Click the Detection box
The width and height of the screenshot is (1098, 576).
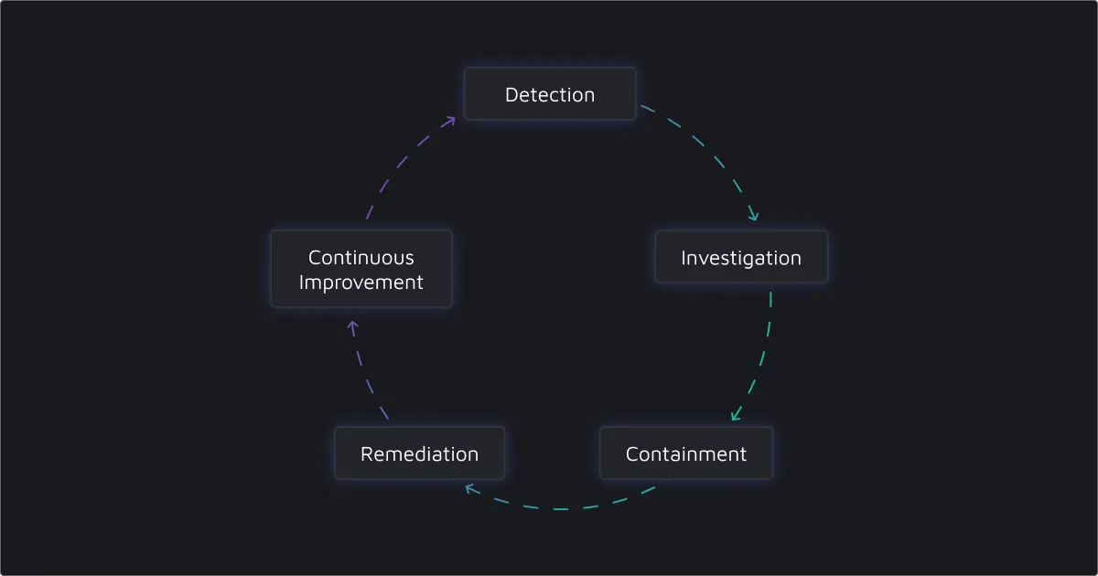[x=549, y=94]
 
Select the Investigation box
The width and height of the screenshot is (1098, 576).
[x=741, y=258]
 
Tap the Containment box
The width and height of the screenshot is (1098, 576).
[x=686, y=453]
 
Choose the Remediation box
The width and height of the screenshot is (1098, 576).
[x=419, y=453]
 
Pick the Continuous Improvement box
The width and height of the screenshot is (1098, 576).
[x=361, y=270]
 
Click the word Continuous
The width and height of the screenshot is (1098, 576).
[x=361, y=258]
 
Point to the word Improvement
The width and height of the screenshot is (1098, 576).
[x=361, y=283]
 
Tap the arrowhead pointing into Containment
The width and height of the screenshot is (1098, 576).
[x=735, y=418]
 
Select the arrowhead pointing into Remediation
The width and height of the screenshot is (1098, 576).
[x=468, y=487]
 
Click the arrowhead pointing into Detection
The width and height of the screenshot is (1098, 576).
[x=452, y=119]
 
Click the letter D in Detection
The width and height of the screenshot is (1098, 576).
[x=511, y=94]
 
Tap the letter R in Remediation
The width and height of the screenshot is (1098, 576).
[x=366, y=453]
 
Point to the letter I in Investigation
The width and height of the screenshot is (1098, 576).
[x=684, y=258]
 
